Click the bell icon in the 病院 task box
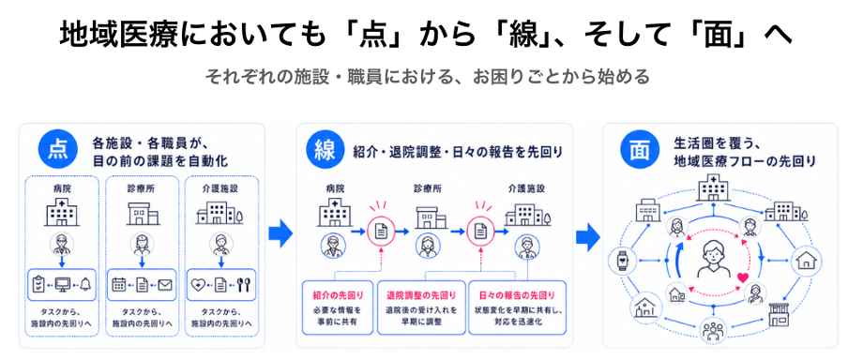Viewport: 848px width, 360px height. point(85,284)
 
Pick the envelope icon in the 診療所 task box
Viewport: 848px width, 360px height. point(164,284)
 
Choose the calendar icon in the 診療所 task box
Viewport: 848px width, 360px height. point(119,284)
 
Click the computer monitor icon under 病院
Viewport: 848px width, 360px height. point(62,285)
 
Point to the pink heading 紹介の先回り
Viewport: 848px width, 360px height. point(338,295)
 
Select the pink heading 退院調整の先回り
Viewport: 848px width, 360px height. point(421,295)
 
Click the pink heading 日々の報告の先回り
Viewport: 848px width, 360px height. point(517,295)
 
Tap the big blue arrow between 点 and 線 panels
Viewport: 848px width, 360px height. point(280,233)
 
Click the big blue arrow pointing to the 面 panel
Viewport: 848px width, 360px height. point(588,237)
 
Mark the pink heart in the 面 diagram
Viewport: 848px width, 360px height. point(743,277)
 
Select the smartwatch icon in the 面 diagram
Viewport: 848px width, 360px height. point(620,261)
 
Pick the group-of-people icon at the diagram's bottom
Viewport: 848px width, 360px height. point(712,330)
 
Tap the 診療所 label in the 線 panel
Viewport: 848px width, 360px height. point(428,189)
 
